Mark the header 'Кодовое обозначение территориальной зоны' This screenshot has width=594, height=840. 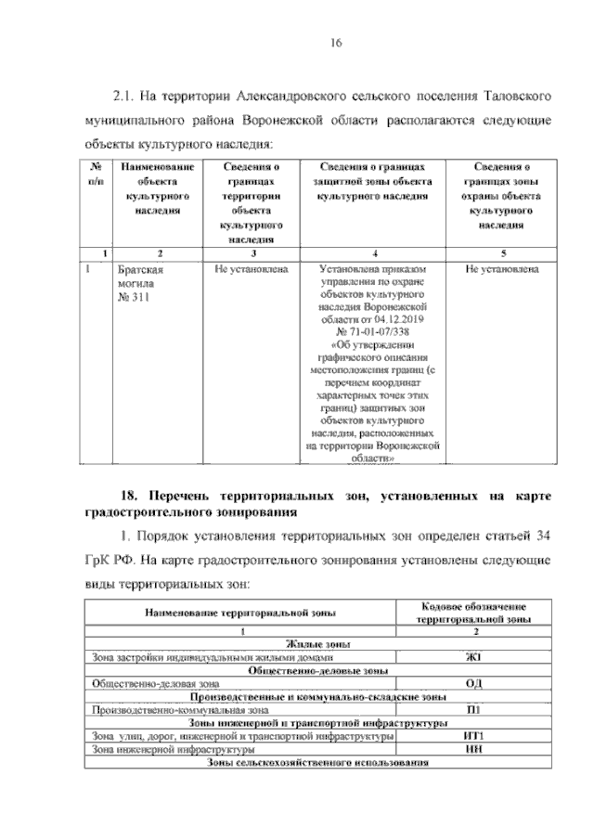[471, 611]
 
